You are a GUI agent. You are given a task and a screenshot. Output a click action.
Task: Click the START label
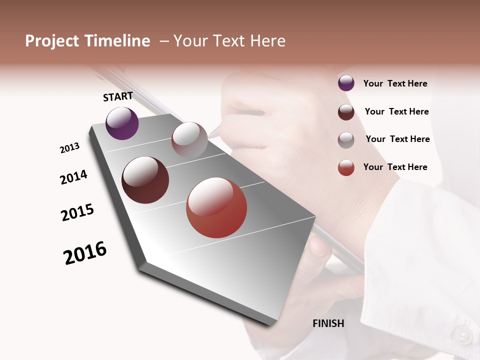click(118, 96)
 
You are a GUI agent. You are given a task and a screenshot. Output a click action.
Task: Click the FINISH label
click(328, 323)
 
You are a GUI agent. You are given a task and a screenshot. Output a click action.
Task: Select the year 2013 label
click(69, 148)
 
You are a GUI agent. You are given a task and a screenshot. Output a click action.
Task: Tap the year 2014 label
click(73, 177)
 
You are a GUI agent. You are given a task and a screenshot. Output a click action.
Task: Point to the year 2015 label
click(77, 212)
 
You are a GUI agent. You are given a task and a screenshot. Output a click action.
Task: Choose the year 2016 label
click(85, 253)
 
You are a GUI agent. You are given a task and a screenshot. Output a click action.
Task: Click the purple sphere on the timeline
click(122, 123)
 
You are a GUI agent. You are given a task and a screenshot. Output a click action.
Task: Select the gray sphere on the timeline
click(189, 139)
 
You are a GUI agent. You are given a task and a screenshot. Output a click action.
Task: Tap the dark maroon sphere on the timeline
click(145, 180)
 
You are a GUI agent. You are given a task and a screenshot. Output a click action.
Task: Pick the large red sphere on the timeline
click(216, 207)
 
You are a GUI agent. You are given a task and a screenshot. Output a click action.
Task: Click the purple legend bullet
click(346, 83)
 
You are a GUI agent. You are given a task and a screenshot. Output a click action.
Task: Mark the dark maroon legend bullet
click(346, 112)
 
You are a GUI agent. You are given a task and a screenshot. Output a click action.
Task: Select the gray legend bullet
click(346, 140)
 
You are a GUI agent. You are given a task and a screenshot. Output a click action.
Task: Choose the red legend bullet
click(346, 167)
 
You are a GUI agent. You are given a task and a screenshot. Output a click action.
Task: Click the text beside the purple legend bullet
click(395, 83)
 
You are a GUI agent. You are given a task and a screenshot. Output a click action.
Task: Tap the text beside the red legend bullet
click(395, 167)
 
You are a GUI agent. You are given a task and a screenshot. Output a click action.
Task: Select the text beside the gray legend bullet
click(397, 139)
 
